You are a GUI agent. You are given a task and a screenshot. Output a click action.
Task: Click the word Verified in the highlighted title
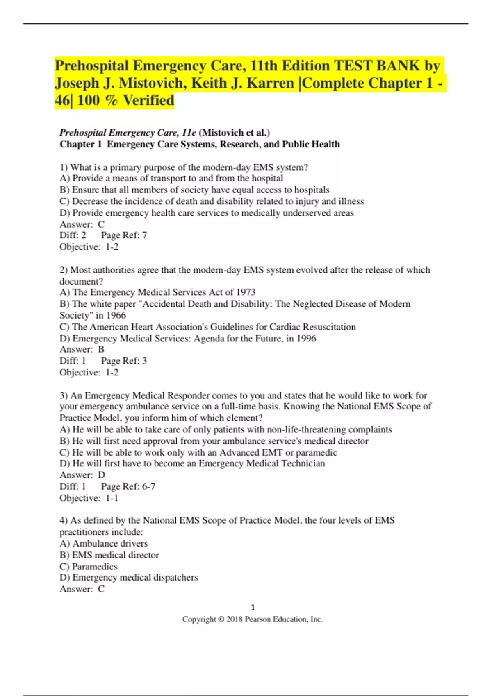(148, 100)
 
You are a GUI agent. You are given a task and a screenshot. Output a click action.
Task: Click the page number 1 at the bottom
(253, 607)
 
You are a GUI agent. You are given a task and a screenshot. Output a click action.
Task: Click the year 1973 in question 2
(246, 292)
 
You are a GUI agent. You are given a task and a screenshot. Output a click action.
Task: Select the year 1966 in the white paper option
(116, 315)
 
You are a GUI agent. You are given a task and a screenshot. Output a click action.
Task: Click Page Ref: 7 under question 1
(124, 235)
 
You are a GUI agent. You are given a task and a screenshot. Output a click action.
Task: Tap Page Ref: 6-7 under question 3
(128, 486)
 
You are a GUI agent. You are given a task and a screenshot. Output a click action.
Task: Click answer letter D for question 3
(102, 475)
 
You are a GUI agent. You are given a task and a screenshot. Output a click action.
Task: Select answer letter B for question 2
(101, 349)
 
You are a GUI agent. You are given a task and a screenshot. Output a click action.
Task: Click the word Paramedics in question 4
(95, 567)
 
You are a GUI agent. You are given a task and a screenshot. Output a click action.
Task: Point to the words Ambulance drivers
(110, 544)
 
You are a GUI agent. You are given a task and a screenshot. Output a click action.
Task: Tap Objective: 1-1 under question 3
(89, 498)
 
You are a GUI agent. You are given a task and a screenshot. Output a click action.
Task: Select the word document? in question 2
(81, 281)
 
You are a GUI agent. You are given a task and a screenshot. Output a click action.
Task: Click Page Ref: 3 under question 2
(124, 361)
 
